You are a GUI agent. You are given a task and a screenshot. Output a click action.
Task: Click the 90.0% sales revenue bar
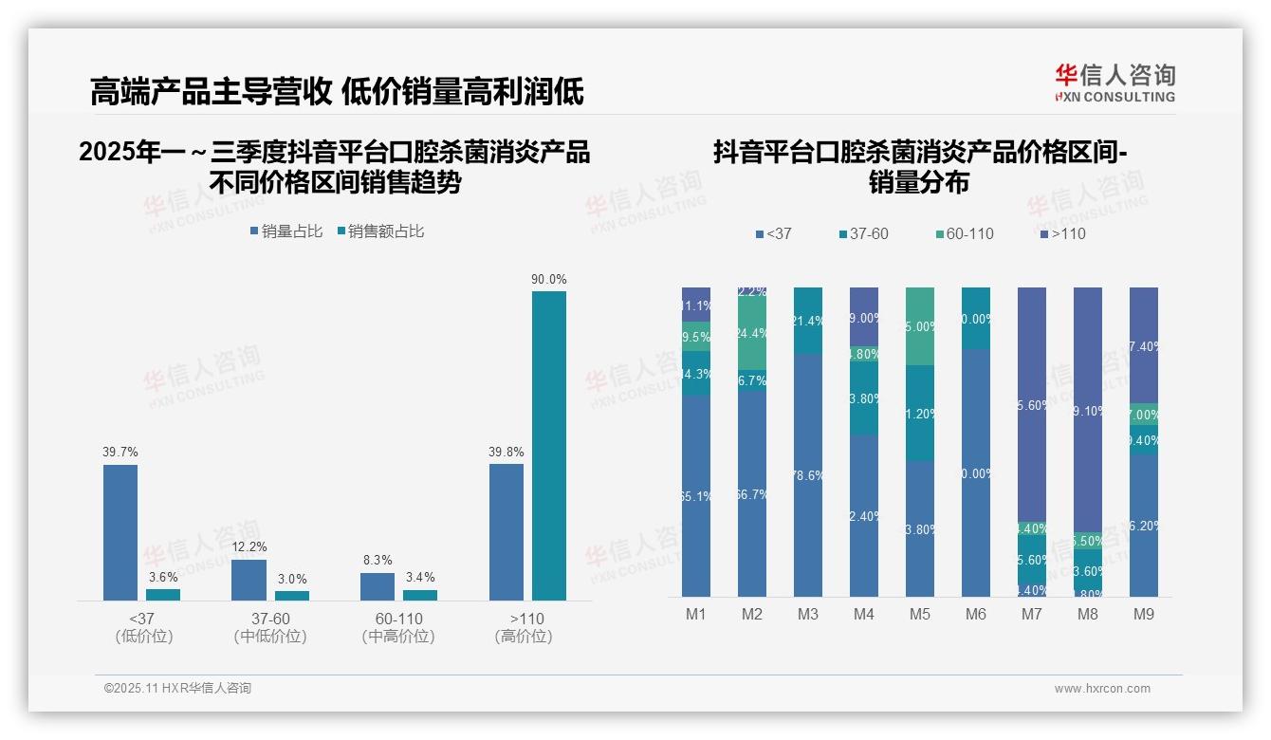click(x=548, y=445)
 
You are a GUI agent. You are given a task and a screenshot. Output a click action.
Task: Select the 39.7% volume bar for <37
click(x=120, y=531)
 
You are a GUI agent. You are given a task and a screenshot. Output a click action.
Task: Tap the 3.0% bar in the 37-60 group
click(x=292, y=595)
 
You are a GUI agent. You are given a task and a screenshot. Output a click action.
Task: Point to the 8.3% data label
click(x=377, y=561)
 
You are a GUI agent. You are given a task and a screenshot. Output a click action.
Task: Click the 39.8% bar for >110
click(x=507, y=531)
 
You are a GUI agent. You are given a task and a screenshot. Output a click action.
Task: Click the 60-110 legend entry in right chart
click(x=964, y=233)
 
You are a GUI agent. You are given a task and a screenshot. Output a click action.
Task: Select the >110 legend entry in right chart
click(x=1062, y=233)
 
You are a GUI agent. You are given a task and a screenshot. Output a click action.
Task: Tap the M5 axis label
click(x=920, y=614)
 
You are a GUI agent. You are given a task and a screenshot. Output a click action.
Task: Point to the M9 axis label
click(x=1144, y=614)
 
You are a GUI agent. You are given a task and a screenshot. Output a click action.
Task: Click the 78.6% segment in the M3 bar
click(x=808, y=474)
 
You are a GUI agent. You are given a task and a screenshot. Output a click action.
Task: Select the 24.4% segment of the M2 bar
click(x=752, y=333)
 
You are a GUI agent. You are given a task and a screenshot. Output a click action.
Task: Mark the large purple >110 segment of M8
click(x=1088, y=409)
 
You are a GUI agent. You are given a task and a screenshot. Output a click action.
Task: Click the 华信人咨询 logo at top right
click(x=1114, y=83)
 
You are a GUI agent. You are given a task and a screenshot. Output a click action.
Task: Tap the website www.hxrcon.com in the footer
click(x=1102, y=689)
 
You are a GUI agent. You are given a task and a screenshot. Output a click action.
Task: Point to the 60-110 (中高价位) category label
click(x=398, y=627)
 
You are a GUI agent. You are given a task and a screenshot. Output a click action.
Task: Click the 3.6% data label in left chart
click(x=163, y=577)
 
